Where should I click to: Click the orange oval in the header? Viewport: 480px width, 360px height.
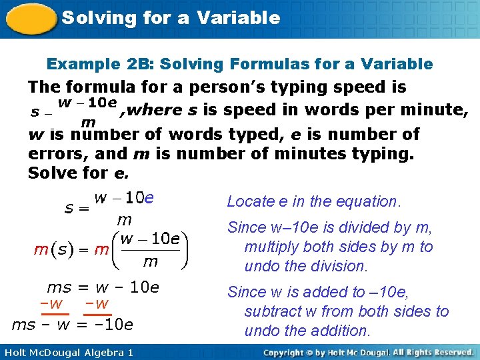point(30,19)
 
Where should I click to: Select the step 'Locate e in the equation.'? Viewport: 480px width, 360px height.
point(313,201)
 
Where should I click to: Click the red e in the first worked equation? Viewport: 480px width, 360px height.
point(149,198)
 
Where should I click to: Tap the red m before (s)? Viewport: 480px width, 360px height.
point(40,251)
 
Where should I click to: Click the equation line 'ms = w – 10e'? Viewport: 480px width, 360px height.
point(103,287)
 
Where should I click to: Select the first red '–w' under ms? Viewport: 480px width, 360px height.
point(51,304)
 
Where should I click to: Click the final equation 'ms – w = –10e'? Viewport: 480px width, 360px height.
point(73,325)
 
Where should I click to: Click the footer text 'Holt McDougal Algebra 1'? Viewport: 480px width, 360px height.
point(67,352)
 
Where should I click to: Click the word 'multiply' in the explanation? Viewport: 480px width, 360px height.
point(271,247)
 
